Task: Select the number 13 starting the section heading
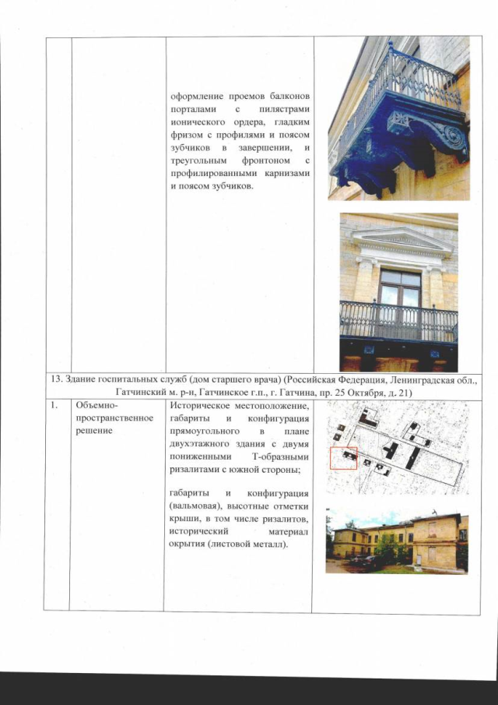[51, 379]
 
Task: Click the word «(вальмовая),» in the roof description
[196, 508]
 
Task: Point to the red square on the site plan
[343, 458]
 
